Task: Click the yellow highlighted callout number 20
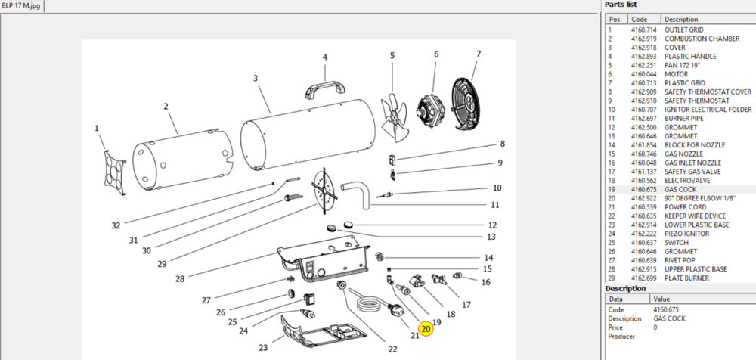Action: pyautogui.click(x=426, y=329)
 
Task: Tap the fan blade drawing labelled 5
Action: pyautogui.click(x=395, y=118)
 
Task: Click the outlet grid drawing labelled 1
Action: pyautogui.click(x=114, y=172)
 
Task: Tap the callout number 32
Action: pyautogui.click(x=116, y=225)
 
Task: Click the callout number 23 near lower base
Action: pyautogui.click(x=263, y=347)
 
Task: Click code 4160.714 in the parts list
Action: pyautogui.click(x=643, y=30)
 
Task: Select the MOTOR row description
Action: pyautogui.click(x=674, y=74)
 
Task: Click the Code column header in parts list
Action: pyautogui.click(x=639, y=20)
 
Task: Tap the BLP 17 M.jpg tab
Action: pyautogui.click(x=21, y=6)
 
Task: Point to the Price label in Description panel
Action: pyautogui.click(x=615, y=327)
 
